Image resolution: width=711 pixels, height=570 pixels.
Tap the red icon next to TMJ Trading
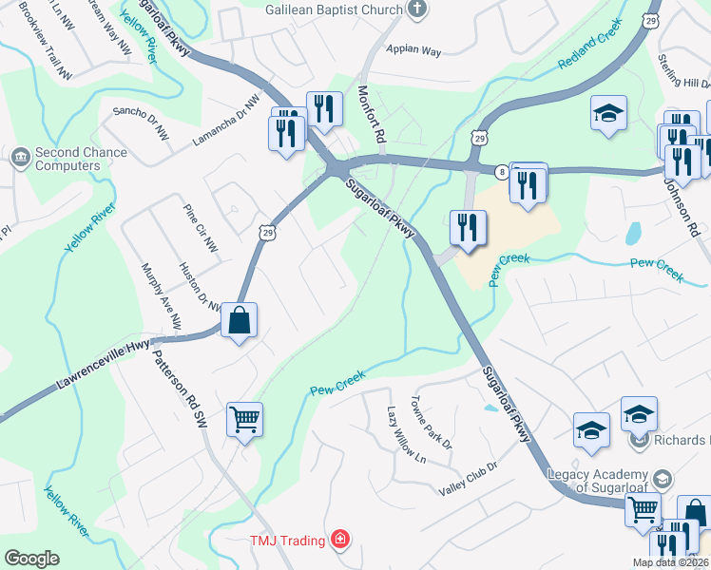pos(340,541)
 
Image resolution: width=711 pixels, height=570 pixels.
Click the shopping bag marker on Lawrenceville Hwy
pos(240,320)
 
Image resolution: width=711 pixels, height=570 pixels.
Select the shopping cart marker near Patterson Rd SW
pos(245,419)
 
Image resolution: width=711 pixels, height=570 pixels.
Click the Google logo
pos(31,559)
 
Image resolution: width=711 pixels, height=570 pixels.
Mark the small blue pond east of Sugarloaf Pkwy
pos(634,233)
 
